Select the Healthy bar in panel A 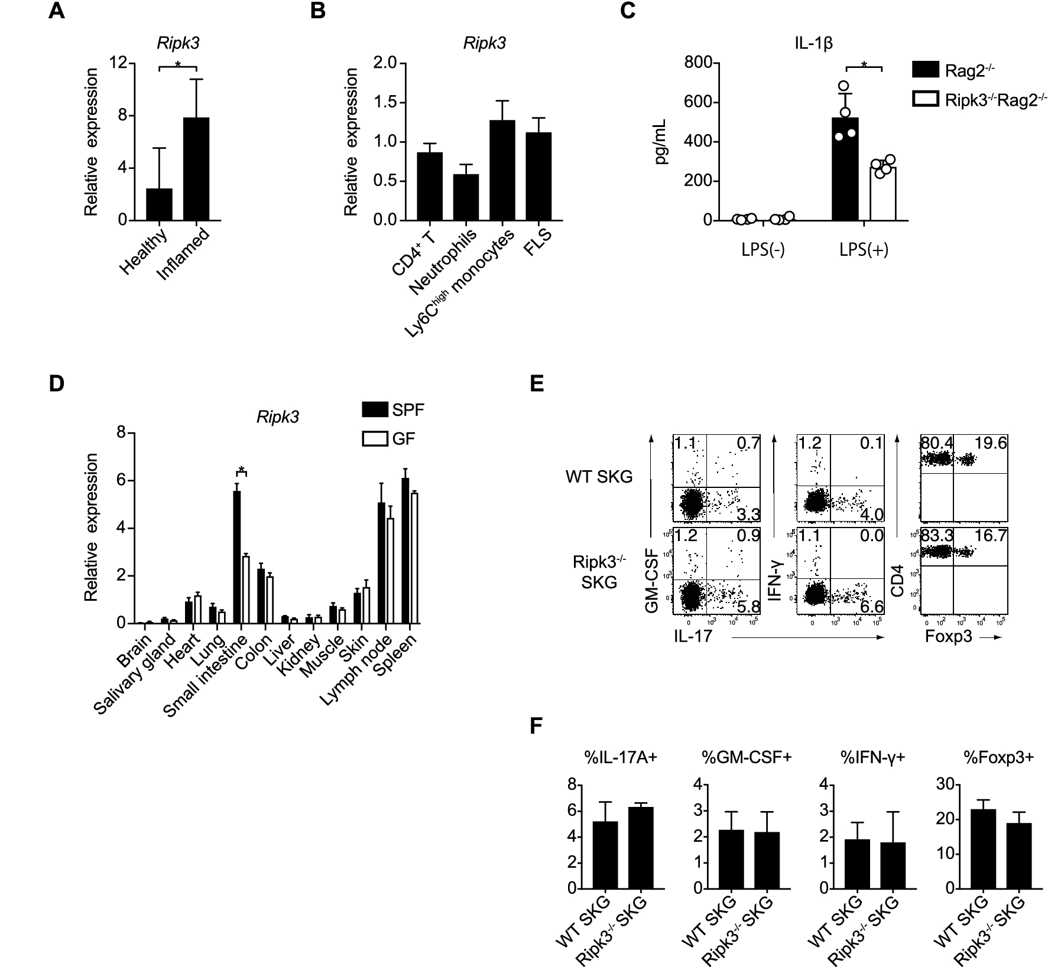click(x=159, y=204)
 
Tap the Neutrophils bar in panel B click(x=466, y=197)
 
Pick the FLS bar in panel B click(x=538, y=176)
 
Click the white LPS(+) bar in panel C click(x=882, y=194)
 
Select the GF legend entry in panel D click(x=390, y=439)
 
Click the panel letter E click(x=537, y=384)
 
